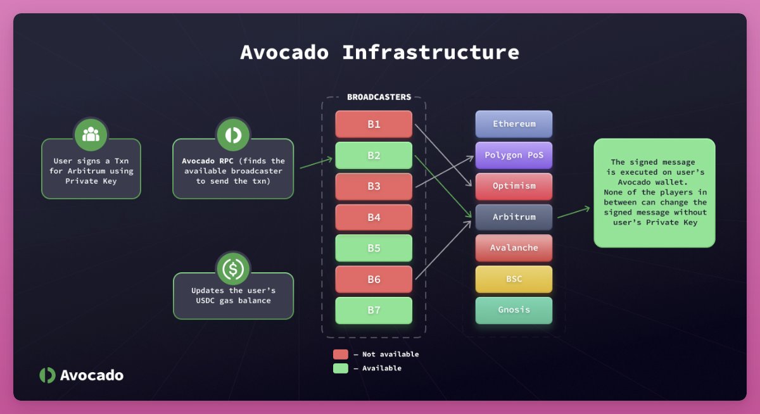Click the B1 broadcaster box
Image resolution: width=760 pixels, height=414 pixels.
coord(374,124)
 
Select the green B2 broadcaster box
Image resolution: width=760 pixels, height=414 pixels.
coord(374,155)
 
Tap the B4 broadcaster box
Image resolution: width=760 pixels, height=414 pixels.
coord(374,217)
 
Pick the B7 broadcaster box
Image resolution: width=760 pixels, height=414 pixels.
coord(374,310)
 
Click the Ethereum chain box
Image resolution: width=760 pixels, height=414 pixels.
coord(514,124)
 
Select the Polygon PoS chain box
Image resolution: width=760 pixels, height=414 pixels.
coord(514,155)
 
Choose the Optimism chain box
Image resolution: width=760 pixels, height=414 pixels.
coord(514,186)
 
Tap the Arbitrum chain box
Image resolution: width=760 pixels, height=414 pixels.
coord(514,217)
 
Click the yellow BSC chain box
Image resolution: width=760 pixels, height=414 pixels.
coord(514,279)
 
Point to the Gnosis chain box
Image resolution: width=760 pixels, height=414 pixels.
coord(514,310)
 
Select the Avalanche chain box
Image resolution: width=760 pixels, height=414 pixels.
coord(514,248)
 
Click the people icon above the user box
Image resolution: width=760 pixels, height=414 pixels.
coord(91,134)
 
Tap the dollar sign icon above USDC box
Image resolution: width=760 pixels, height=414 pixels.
coord(232,268)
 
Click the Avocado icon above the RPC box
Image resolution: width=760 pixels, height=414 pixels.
coord(232,134)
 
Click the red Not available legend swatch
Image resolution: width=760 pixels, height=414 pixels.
coord(341,354)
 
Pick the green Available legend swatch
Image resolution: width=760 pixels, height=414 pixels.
coord(341,368)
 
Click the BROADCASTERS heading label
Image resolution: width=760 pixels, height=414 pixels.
coord(379,97)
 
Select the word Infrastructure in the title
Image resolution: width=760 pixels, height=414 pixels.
coord(431,52)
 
